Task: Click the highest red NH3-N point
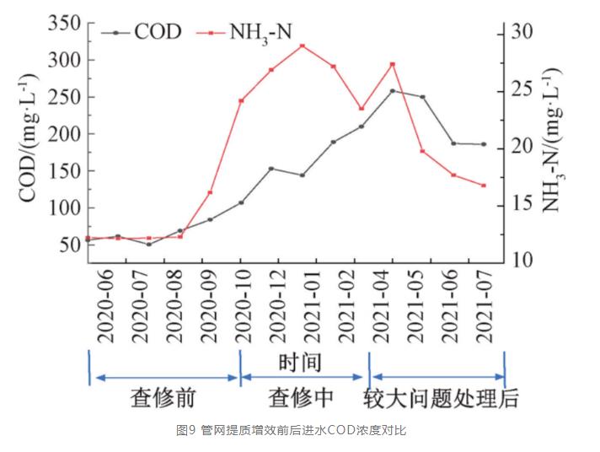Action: [x=302, y=46]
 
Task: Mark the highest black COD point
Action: [x=392, y=91]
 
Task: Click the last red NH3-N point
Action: [x=484, y=186]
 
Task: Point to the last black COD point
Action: [x=484, y=144]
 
